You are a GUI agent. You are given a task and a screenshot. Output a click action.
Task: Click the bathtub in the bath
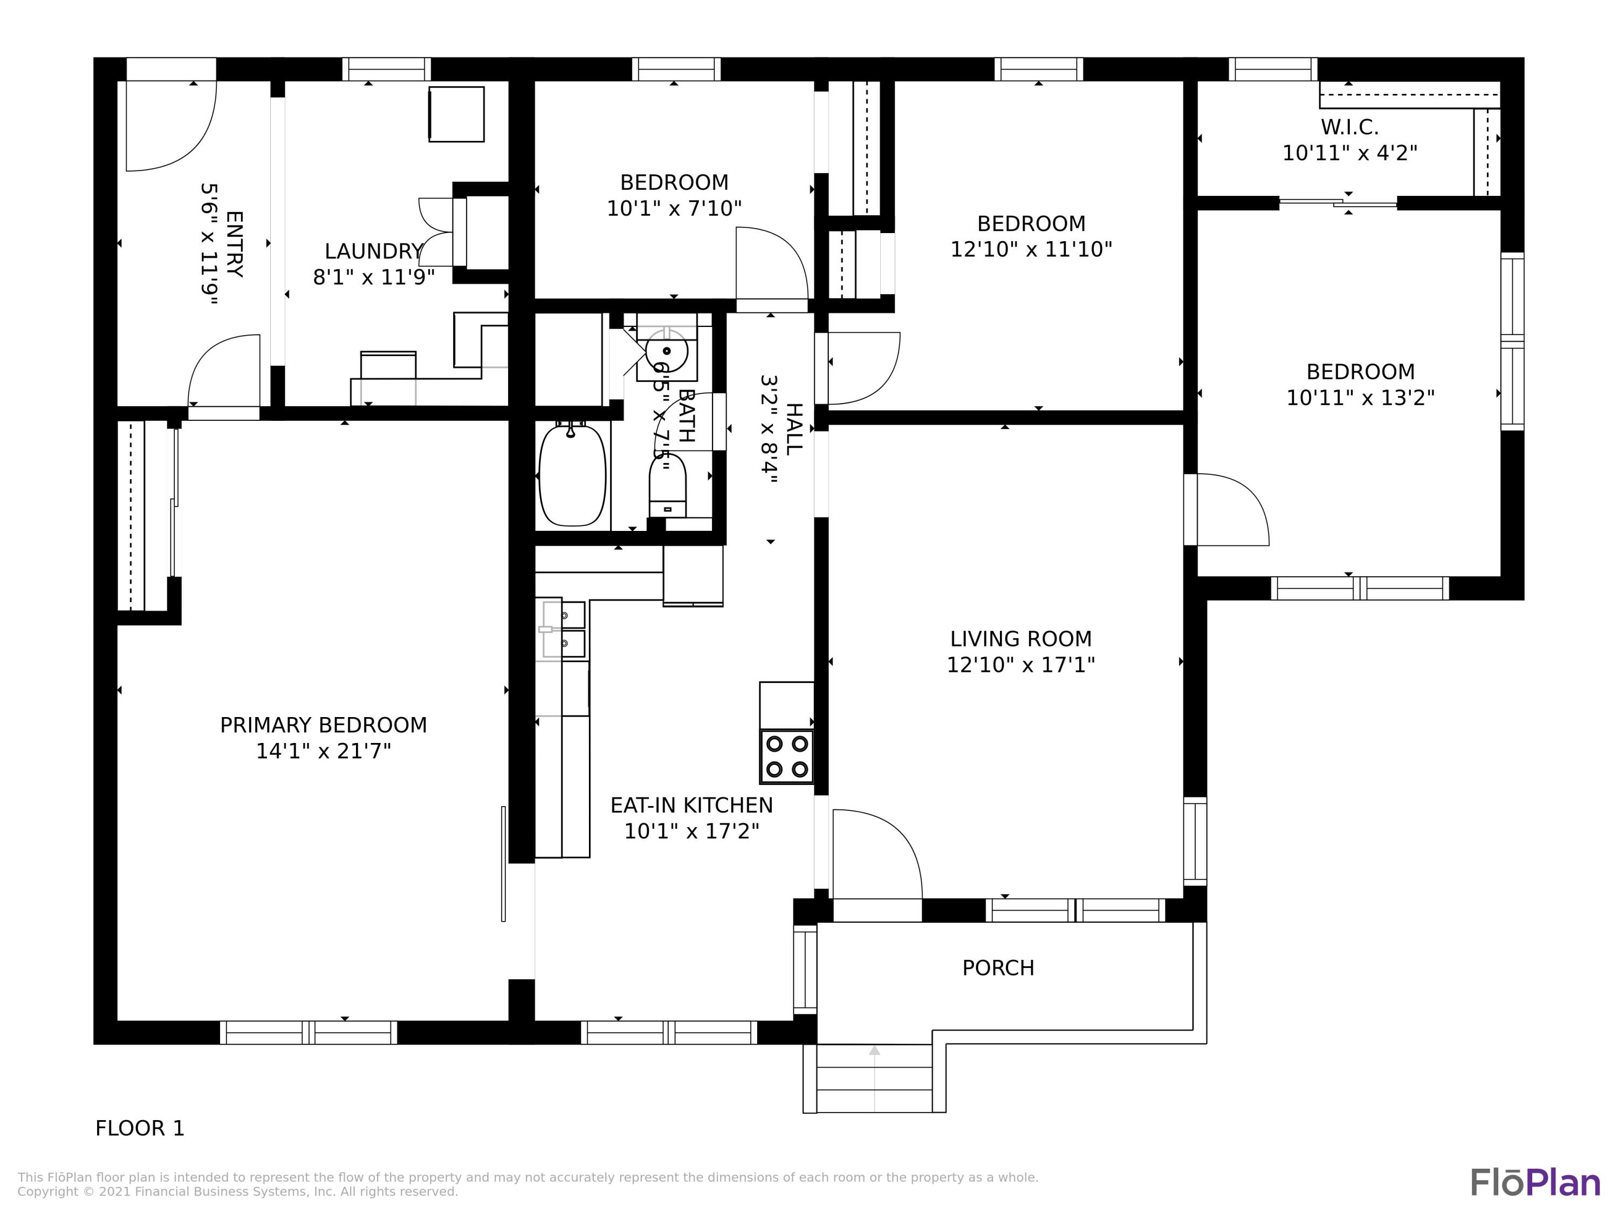(x=572, y=476)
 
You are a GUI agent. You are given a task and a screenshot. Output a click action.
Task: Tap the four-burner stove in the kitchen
(x=786, y=756)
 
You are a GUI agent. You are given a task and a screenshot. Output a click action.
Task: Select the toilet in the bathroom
(x=667, y=485)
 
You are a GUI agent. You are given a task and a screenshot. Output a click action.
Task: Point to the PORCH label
(x=998, y=968)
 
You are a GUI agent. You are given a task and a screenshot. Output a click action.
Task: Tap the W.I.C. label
(x=1349, y=127)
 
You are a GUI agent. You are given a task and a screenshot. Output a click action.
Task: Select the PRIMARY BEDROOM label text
(x=323, y=725)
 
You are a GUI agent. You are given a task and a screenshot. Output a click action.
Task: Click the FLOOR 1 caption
(x=140, y=1128)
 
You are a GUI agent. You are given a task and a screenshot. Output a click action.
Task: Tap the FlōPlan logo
(x=1534, y=1183)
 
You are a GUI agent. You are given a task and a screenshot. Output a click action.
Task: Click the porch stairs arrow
(x=874, y=1052)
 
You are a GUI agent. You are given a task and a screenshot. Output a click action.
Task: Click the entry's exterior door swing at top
(x=170, y=126)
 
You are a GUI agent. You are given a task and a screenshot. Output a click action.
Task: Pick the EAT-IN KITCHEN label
(x=691, y=806)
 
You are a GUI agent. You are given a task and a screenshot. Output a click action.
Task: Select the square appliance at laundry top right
(x=456, y=114)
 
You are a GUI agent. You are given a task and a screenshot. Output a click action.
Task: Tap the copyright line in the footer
(x=238, y=1192)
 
